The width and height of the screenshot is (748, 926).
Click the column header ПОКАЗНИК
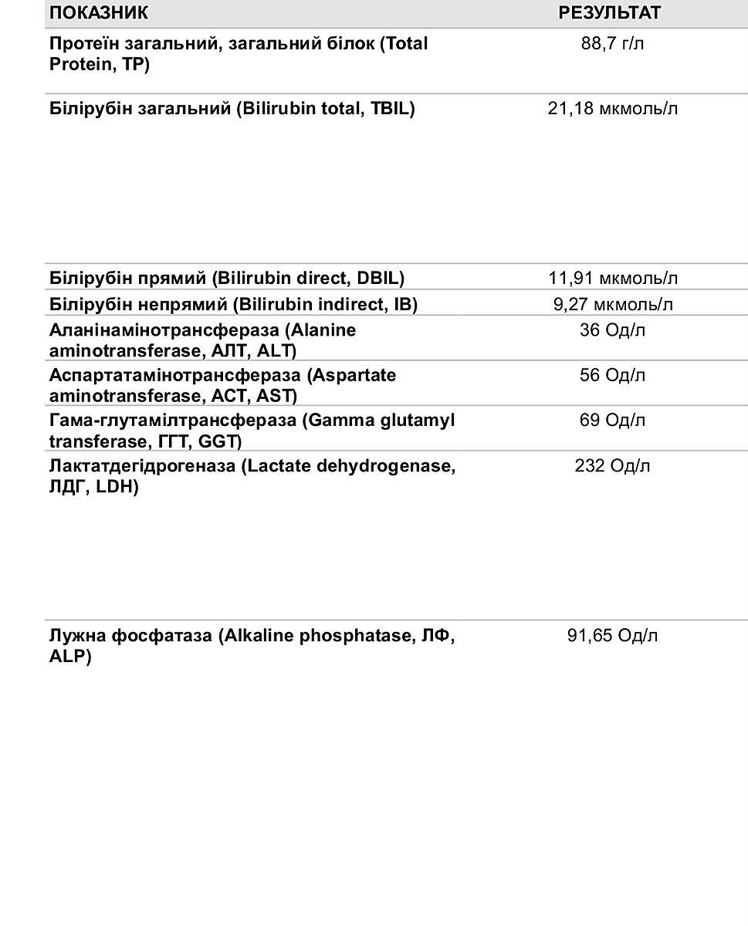click(x=99, y=13)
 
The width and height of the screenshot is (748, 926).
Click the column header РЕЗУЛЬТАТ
click(x=610, y=13)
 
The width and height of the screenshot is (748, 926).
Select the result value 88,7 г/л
click(x=612, y=43)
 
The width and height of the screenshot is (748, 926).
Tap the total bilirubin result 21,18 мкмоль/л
click(x=613, y=109)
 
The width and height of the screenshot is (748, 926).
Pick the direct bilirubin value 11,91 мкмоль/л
click(x=613, y=278)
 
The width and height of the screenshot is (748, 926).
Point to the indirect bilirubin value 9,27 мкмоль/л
click(x=613, y=305)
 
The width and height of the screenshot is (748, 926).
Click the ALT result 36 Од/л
click(x=613, y=330)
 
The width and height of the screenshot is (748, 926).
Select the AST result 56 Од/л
click(x=613, y=375)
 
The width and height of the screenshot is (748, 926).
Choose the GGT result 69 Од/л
click(x=613, y=421)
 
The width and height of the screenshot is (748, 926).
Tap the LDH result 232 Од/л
click(x=613, y=466)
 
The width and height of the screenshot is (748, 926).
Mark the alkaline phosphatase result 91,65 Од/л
click(x=613, y=636)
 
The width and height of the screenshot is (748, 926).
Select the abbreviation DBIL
click(x=380, y=278)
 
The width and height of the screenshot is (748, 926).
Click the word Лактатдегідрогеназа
click(x=142, y=466)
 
